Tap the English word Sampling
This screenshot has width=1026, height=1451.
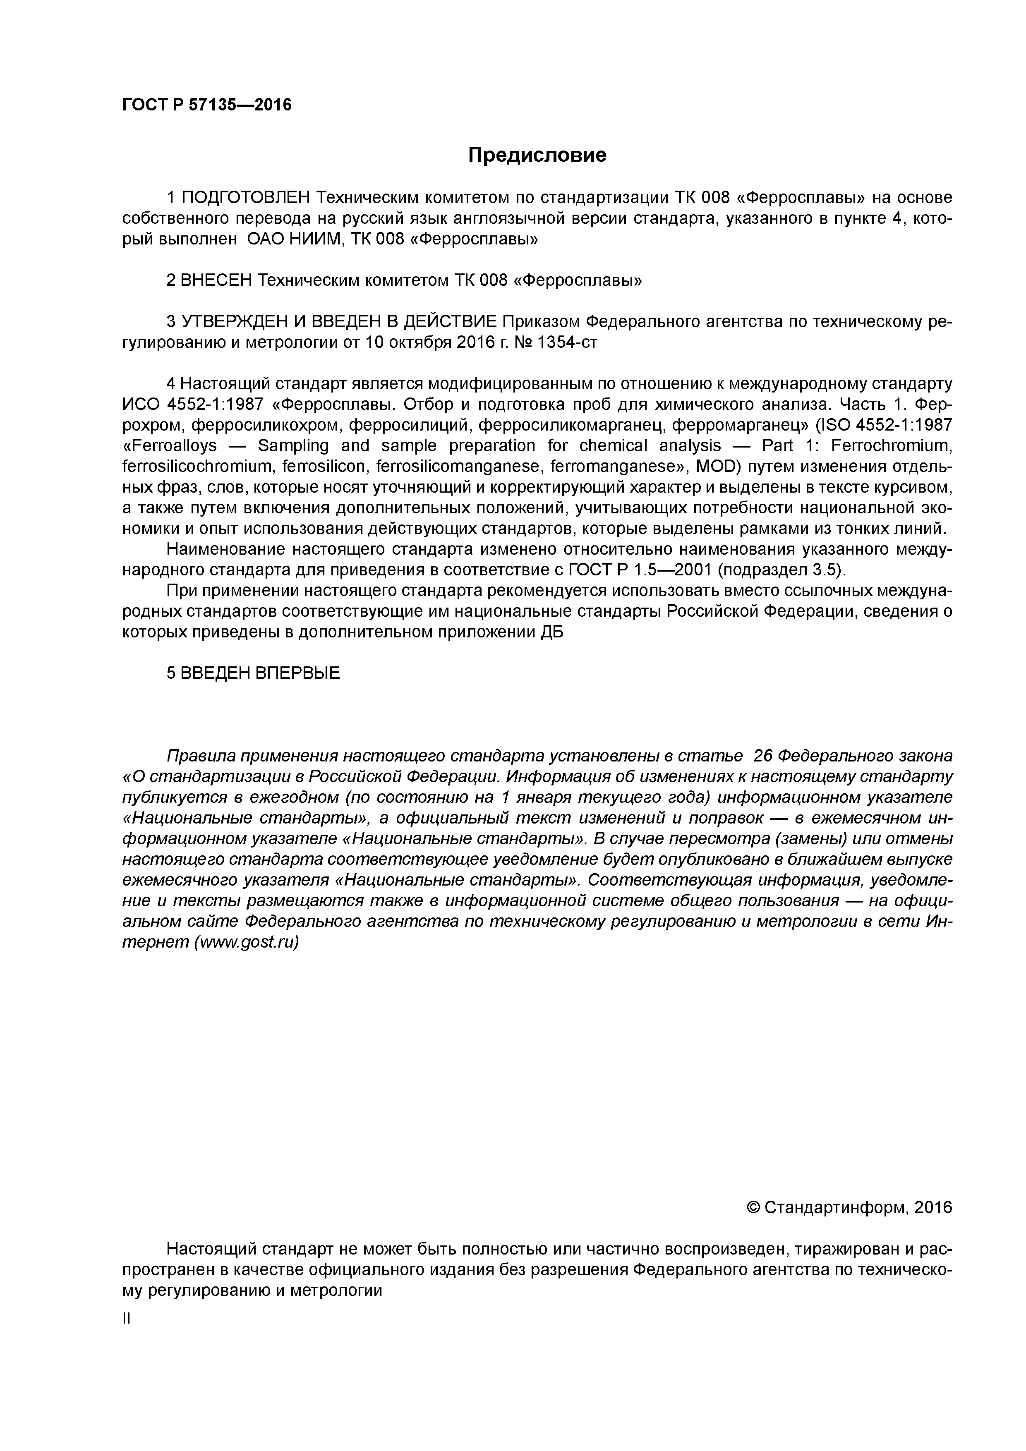coord(293,446)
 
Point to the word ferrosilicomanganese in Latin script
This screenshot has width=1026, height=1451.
coord(460,467)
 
